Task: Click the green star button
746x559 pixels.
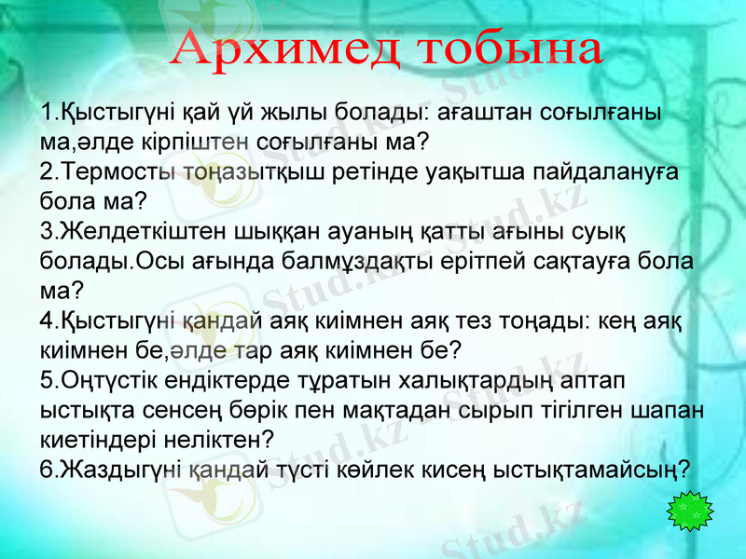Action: [x=691, y=511]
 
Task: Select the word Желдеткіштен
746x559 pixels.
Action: [x=129, y=230]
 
